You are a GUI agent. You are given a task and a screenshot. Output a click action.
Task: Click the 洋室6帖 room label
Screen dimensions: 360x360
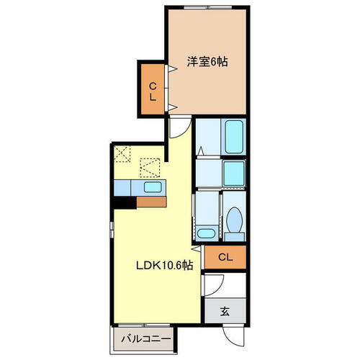coord(207,63)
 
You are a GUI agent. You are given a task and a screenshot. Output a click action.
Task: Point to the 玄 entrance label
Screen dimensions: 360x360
coord(224,312)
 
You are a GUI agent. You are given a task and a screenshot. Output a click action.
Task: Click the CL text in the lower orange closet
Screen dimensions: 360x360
coord(225,257)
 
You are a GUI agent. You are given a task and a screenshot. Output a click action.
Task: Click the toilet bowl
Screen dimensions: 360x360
coord(233,222)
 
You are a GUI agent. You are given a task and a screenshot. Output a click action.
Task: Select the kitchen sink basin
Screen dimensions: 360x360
coord(152,188)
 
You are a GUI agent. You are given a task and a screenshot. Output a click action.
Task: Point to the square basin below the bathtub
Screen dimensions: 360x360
coord(233,174)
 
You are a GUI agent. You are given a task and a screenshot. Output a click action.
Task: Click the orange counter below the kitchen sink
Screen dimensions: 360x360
coord(151,202)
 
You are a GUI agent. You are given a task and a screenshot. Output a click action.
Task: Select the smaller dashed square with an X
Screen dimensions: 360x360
coord(122,154)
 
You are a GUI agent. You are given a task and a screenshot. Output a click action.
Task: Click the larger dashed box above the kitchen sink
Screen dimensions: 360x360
coord(150,168)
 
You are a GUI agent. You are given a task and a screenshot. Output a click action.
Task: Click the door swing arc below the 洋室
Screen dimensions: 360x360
coord(176,129)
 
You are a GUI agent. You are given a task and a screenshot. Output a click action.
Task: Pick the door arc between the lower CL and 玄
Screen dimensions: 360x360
coord(211,286)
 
